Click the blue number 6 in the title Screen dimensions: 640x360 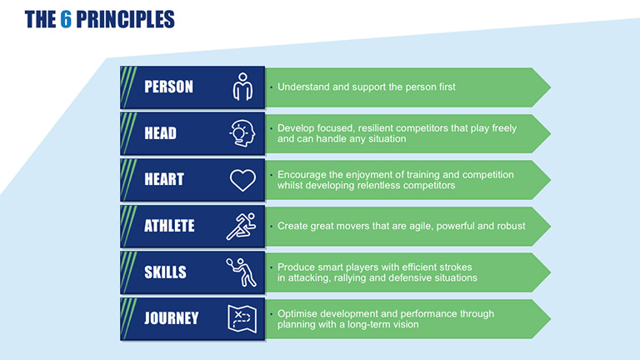coord(66,19)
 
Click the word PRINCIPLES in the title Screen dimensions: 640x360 coord(125,19)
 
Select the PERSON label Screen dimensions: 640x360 coord(168,87)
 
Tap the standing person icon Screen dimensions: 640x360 coord(242,87)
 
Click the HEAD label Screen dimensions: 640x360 coord(160,133)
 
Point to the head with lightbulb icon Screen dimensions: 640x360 coord(242,133)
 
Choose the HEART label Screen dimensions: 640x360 coord(164,180)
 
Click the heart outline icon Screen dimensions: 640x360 coord(242,180)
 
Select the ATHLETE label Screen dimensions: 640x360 coord(169,226)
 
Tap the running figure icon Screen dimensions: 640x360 coord(242,226)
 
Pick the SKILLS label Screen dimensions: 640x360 coord(165,272)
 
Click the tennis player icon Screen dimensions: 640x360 coord(242,272)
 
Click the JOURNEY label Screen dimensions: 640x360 coord(172,318)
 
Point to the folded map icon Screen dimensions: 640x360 coord(242,319)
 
